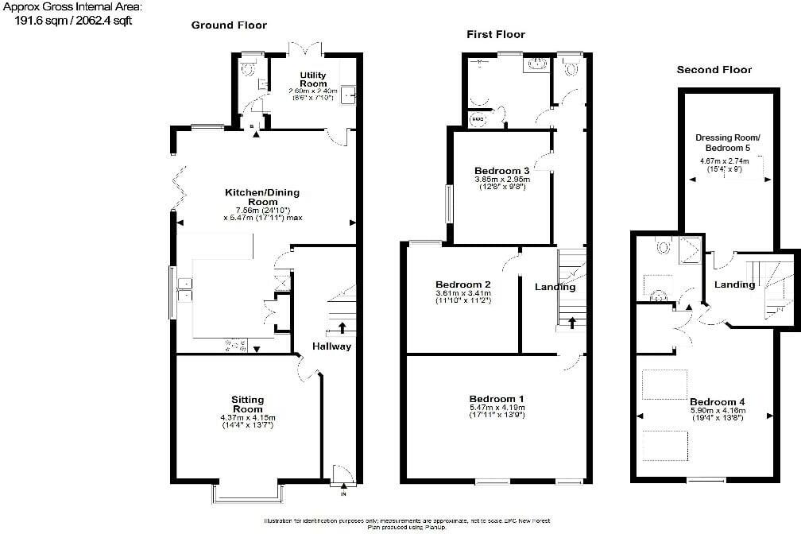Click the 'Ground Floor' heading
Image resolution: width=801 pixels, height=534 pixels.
229,25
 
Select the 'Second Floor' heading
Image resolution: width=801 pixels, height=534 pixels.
714,70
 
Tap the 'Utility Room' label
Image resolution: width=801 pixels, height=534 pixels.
312,79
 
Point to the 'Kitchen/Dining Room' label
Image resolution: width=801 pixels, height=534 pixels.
262,197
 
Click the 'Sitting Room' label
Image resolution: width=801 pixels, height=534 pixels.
247,404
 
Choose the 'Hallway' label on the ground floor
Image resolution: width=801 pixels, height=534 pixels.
331,346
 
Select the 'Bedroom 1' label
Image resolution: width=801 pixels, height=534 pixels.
497,399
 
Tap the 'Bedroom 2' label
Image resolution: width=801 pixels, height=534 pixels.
462,284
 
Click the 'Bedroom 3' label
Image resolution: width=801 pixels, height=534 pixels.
501,171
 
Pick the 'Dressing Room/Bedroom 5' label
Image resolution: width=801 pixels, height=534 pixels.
722,143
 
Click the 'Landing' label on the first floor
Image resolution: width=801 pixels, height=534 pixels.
555,287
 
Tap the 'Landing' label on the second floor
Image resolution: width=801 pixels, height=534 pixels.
734,284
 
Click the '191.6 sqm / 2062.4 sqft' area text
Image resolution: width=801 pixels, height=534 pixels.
72,21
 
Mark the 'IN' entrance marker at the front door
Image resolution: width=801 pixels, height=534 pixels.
343,494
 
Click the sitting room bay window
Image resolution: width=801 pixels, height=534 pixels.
247,496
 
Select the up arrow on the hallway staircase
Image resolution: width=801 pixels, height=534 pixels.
342,327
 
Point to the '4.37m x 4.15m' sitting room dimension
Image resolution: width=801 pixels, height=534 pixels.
247,418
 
